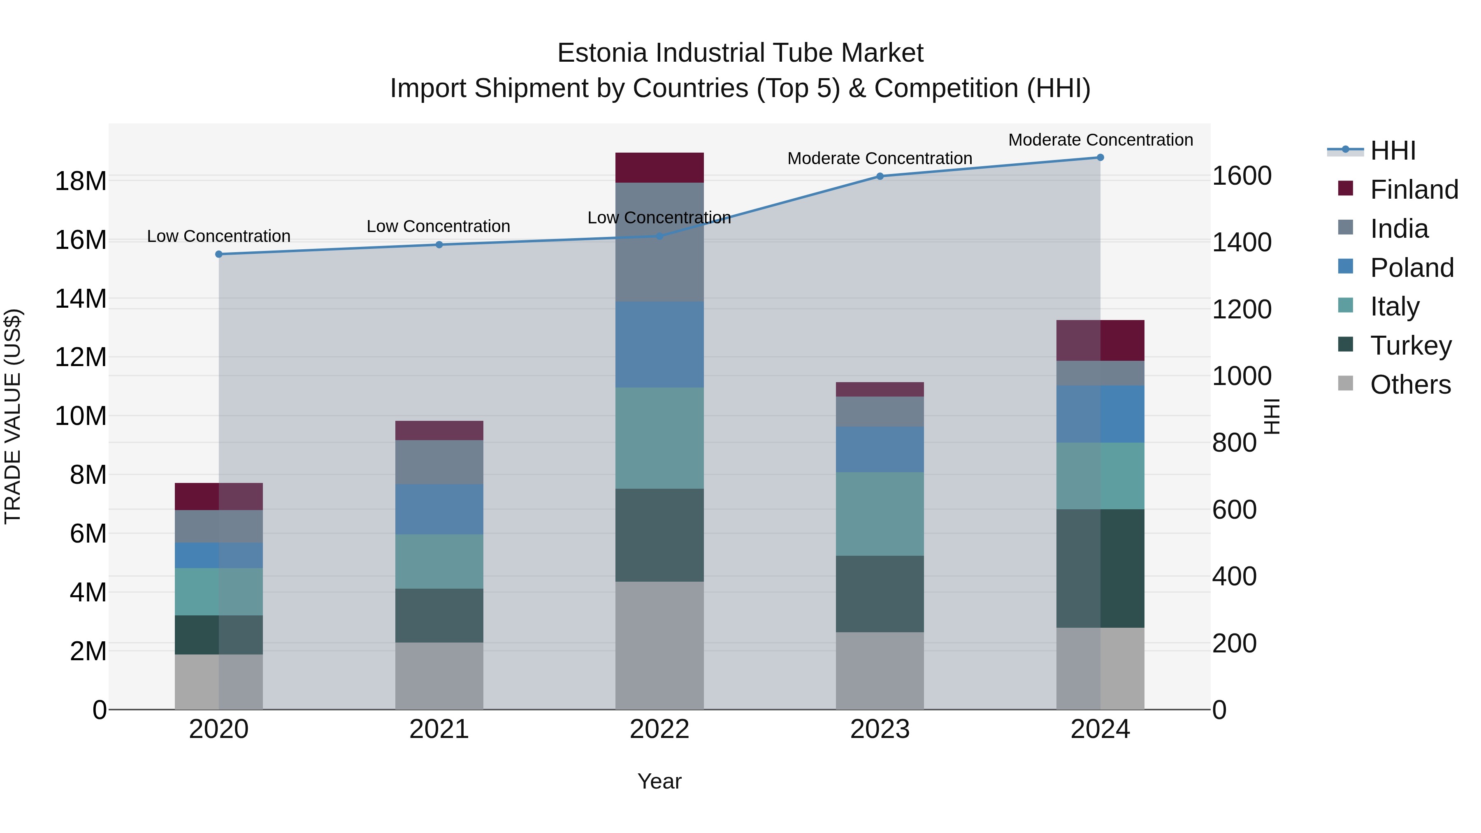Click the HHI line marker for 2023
880,176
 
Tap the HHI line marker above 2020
219,254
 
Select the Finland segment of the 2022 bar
659,168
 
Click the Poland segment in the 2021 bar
439,509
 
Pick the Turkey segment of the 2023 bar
880,594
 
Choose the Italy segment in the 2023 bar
880,514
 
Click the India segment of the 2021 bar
439,462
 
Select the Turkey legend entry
1410,346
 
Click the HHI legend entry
1392,151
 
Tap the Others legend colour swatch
1346,383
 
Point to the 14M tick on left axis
81,299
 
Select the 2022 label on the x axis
659,729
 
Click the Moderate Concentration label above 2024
1100,140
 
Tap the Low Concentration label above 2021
438,227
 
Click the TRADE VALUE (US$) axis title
13,416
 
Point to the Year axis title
659,781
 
